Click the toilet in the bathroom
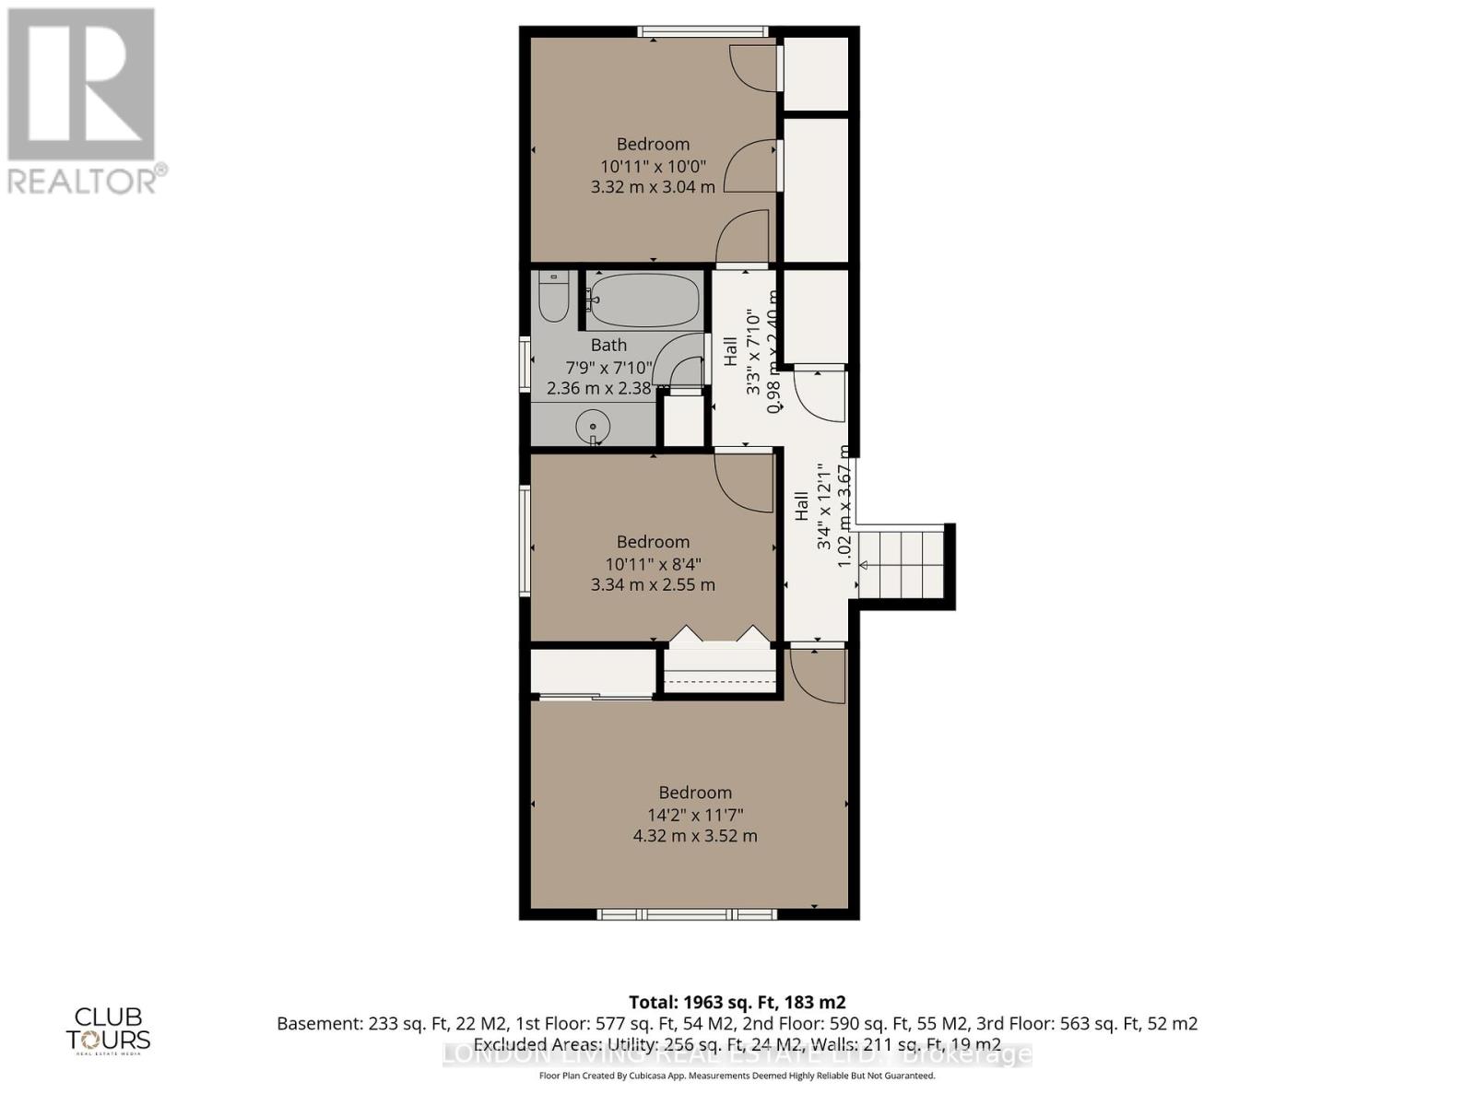click(553, 297)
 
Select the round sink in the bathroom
click(593, 427)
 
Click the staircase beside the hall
click(902, 565)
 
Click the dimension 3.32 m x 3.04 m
click(653, 187)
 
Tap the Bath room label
click(608, 345)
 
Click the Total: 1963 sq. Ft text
click(737, 1002)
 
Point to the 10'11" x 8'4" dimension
click(653, 563)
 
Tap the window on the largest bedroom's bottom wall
click(687, 914)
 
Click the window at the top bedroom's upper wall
click(702, 32)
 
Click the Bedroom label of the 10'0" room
click(653, 144)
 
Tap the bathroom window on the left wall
click(525, 366)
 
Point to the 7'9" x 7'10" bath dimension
click(608, 367)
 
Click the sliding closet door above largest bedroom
click(595, 698)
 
